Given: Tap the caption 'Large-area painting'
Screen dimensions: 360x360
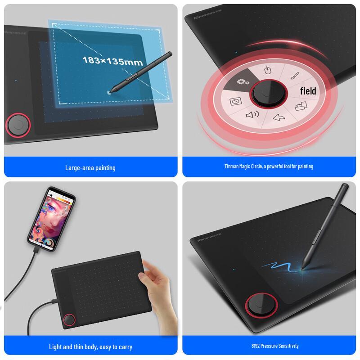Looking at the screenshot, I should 90,168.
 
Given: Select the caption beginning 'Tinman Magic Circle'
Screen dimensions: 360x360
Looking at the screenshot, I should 269,166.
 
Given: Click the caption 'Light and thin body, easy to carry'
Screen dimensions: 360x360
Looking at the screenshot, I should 90,347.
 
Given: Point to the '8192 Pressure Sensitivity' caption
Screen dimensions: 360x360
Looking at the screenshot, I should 269,346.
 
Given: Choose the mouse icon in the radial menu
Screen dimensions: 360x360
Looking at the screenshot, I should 268,71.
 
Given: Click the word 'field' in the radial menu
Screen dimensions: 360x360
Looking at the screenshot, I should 308,91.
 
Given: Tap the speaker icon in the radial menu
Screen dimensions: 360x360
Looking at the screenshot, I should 252,115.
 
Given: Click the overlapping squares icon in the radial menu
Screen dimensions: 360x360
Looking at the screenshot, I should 300,107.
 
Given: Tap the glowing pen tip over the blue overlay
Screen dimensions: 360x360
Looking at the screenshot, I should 109,91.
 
